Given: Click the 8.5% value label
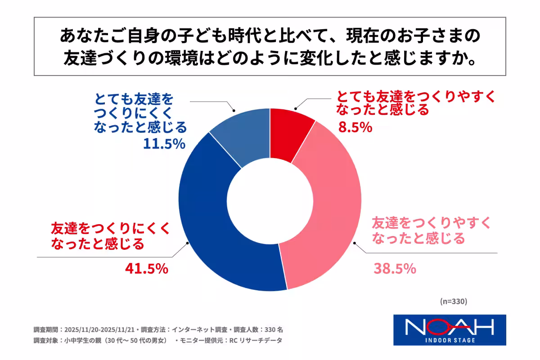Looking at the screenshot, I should point(355,127).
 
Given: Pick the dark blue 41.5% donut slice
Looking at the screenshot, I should point(211,234).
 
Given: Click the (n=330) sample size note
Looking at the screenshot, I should point(453,301).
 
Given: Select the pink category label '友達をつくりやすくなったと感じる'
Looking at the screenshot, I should point(418,229).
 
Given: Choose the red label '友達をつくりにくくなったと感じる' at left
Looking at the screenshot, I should point(111,236).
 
